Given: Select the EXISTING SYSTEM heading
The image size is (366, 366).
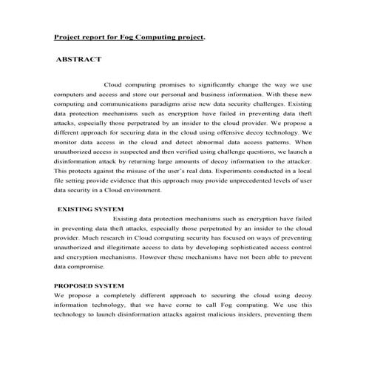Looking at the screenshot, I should pyautogui.click(x=90, y=209).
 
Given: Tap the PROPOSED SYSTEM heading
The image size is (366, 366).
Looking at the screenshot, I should pyautogui.click(x=89, y=285).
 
